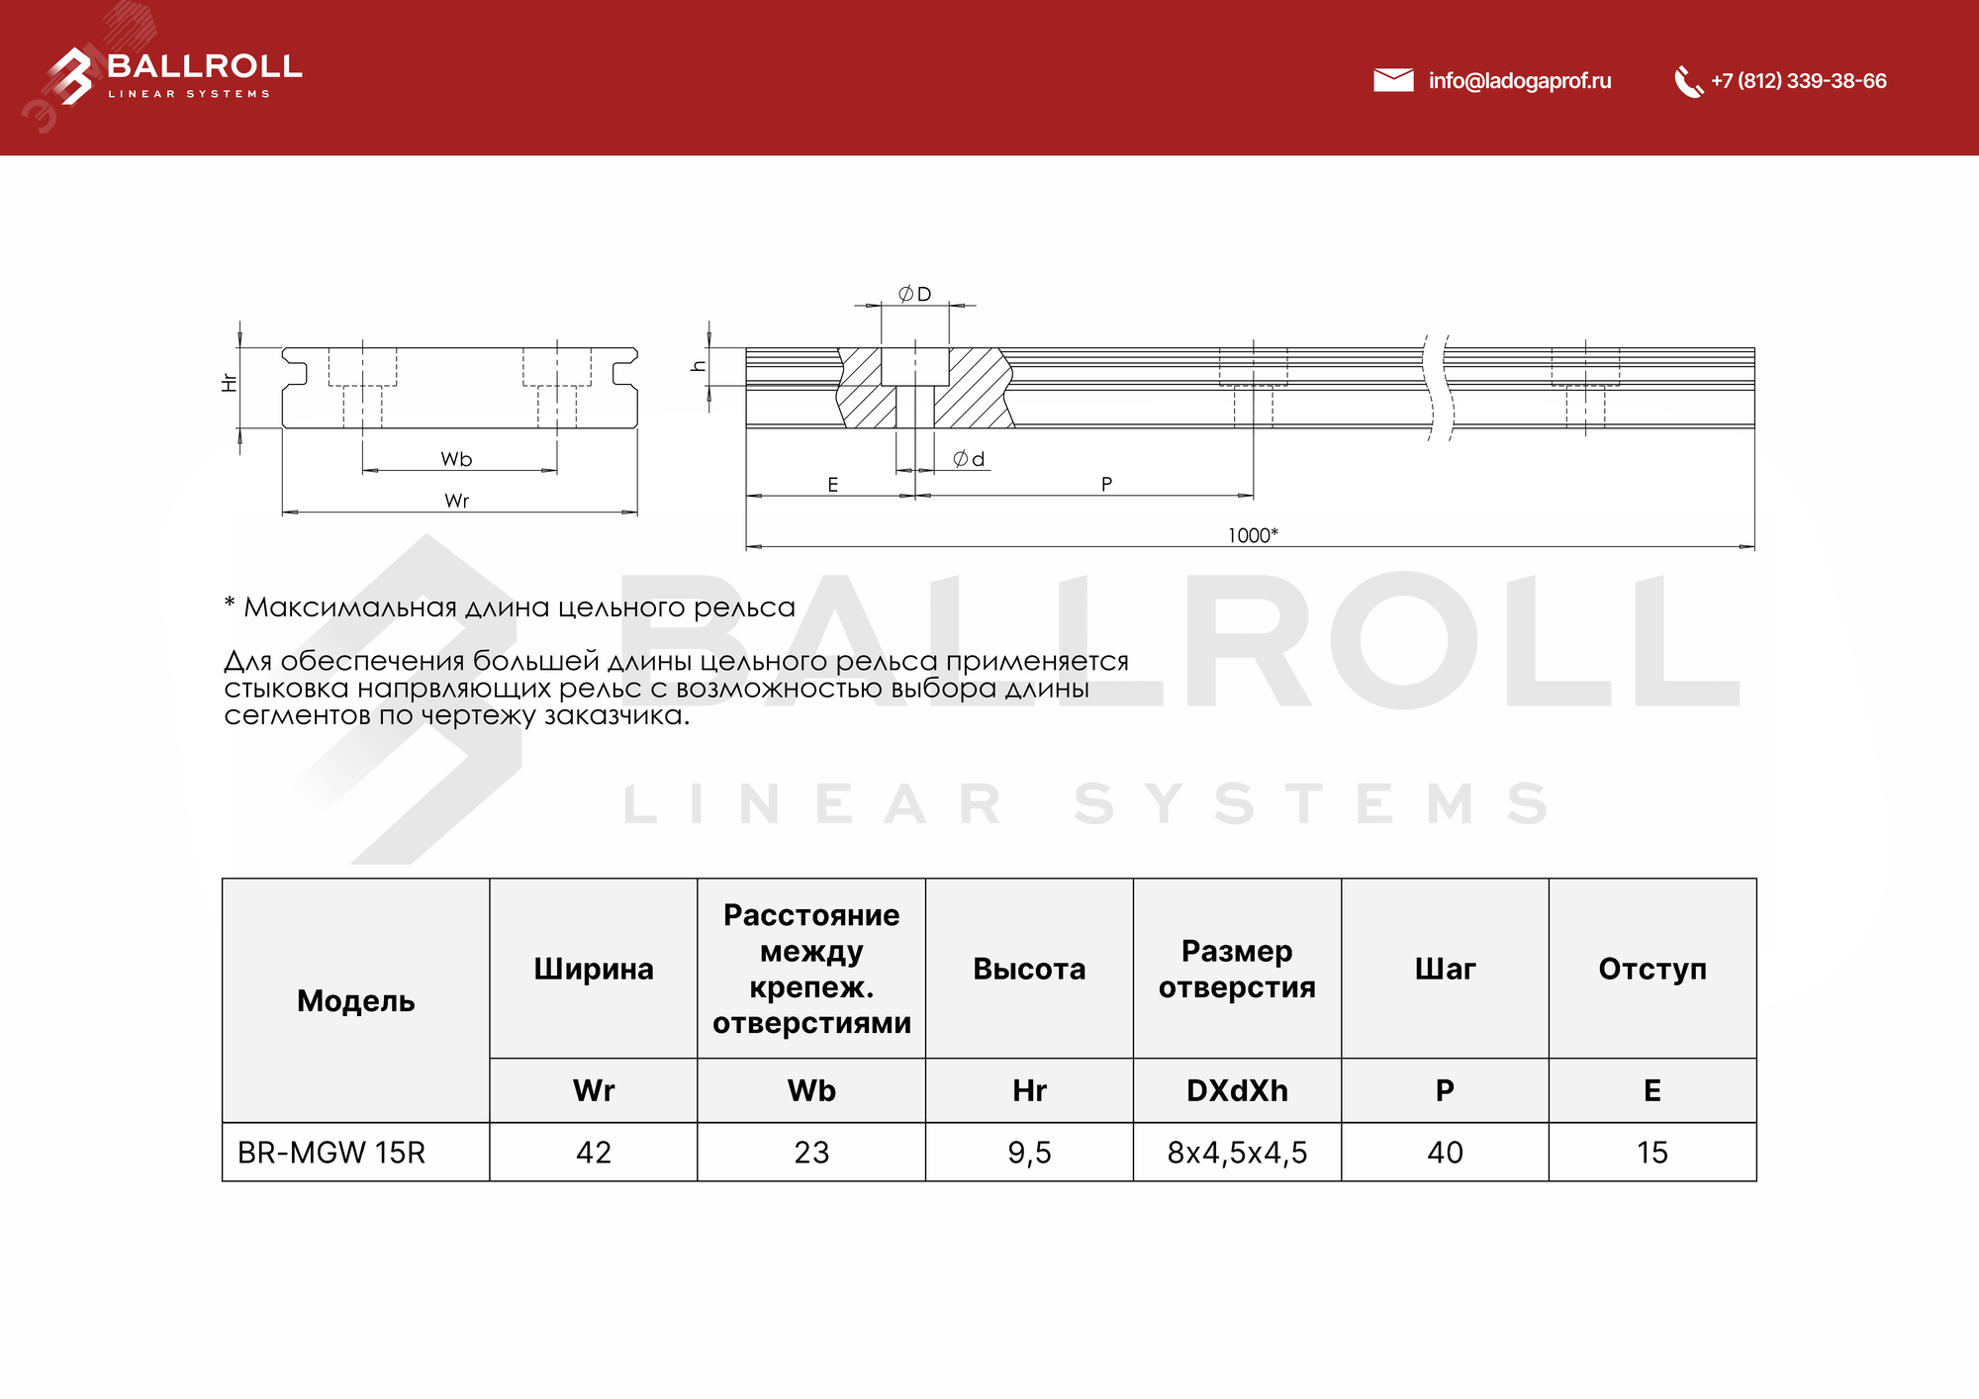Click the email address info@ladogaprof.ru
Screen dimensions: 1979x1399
pyautogui.click(x=1519, y=81)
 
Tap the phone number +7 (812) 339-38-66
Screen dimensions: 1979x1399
pyautogui.click(x=1798, y=81)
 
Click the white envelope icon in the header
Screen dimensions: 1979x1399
pyautogui.click(x=1393, y=80)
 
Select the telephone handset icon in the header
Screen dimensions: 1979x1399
pyautogui.click(x=1687, y=82)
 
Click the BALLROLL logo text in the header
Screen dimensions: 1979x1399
pyautogui.click(x=204, y=66)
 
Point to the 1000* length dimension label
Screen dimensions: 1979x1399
pyautogui.click(x=1253, y=535)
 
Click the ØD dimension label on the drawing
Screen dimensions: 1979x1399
pyautogui.click(x=914, y=294)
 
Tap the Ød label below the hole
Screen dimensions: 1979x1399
pyautogui.click(x=969, y=459)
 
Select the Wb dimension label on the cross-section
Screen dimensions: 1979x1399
pyautogui.click(x=456, y=459)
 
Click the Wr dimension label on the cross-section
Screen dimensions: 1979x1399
pyautogui.click(x=456, y=501)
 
